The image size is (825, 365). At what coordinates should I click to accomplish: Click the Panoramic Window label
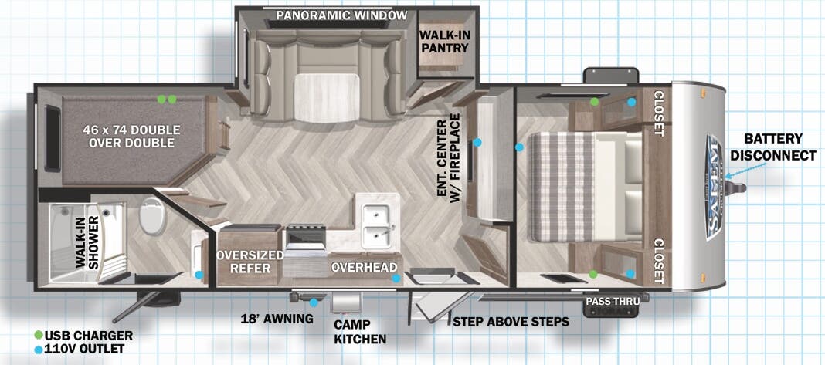[x=341, y=15]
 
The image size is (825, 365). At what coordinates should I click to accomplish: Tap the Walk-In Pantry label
[x=444, y=42]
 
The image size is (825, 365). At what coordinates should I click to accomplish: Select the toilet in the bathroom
[x=153, y=215]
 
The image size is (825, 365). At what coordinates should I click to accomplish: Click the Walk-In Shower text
[x=87, y=242]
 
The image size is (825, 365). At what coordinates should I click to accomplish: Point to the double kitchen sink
[x=377, y=221]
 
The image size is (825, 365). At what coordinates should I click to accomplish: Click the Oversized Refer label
[x=250, y=262]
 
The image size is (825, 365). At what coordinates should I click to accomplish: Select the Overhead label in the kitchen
[x=364, y=267]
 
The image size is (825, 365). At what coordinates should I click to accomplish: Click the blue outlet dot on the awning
[x=314, y=302]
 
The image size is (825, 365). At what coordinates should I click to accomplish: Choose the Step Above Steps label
[x=511, y=321]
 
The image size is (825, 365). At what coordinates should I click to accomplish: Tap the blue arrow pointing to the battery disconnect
[x=747, y=170]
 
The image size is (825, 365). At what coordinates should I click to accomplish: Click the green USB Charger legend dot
[x=39, y=335]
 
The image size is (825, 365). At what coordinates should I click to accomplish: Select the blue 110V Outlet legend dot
[x=39, y=349]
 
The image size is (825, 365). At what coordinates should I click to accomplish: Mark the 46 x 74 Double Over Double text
[x=131, y=136]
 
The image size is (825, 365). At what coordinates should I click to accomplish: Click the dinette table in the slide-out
[x=327, y=98]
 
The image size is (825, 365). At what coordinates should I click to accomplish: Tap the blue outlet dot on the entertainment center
[x=477, y=142]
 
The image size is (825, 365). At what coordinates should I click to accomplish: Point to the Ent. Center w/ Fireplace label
[x=448, y=156]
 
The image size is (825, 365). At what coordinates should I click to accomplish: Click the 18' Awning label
[x=277, y=318]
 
